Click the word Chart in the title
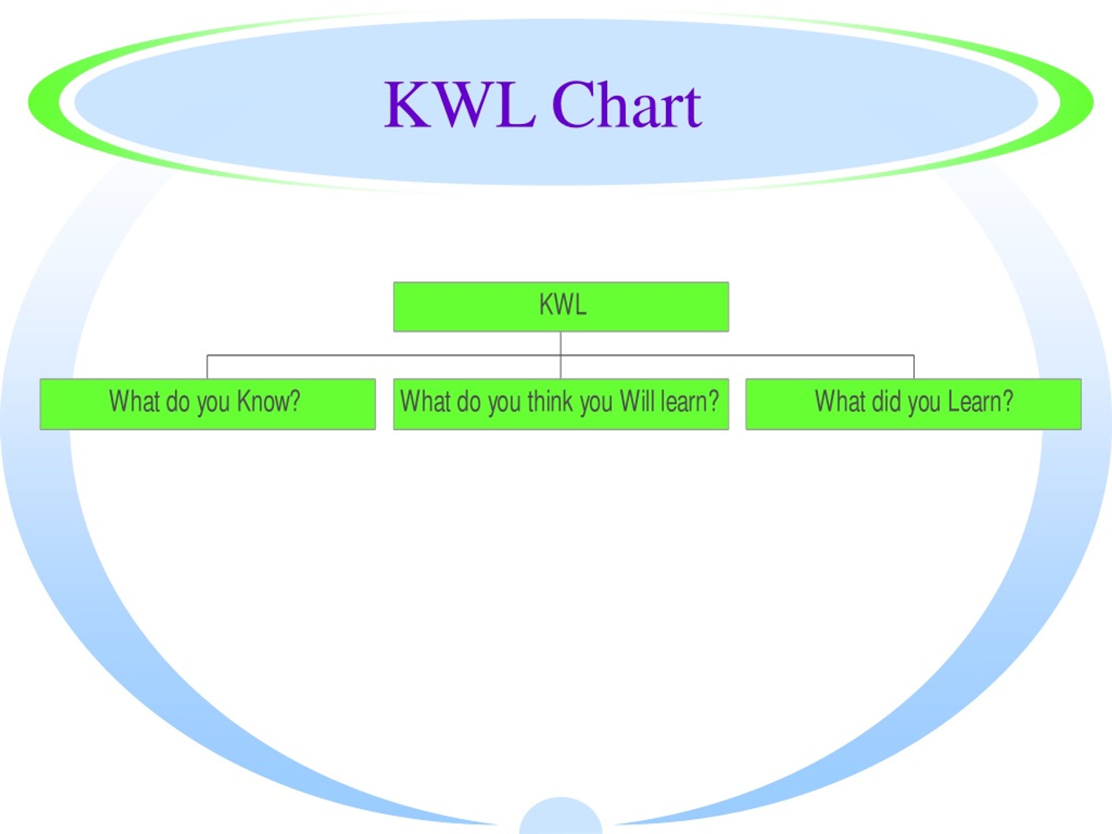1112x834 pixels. (627, 105)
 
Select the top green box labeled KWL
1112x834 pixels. (561, 307)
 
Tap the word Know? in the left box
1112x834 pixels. (268, 401)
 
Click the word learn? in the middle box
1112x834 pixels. (690, 401)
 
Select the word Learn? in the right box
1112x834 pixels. (980, 401)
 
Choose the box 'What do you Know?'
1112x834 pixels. (208, 404)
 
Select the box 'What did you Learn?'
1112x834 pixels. (913, 404)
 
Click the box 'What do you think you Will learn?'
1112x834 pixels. (561, 404)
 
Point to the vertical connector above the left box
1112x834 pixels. (207, 367)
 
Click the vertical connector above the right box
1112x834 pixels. (914, 367)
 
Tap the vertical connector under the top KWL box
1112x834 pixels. (560, 355)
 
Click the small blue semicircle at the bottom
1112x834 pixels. (560, 817)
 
